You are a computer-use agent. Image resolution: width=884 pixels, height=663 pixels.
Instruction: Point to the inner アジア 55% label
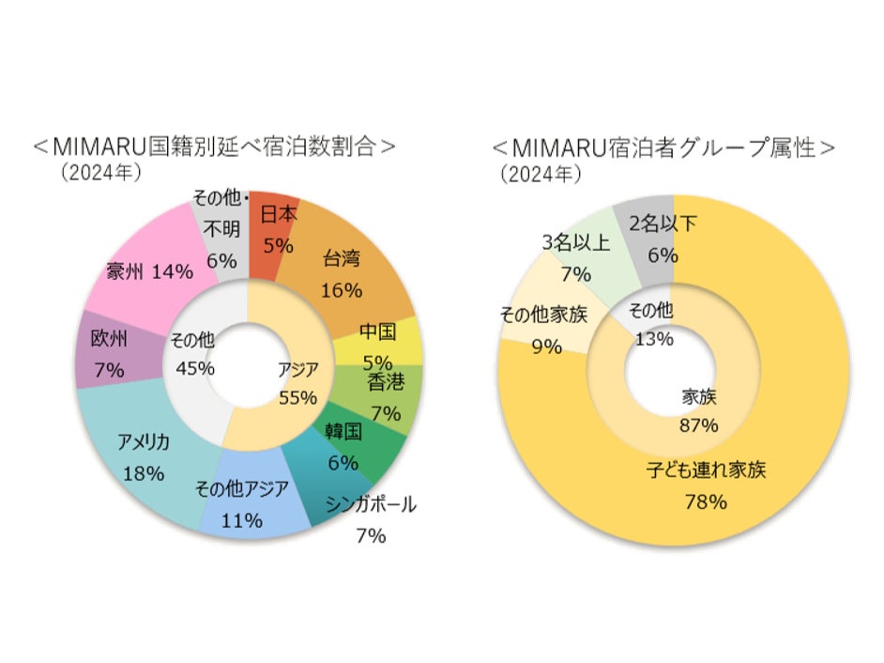[297, 381]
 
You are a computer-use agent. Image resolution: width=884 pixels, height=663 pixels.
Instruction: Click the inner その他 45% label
[194, 353]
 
